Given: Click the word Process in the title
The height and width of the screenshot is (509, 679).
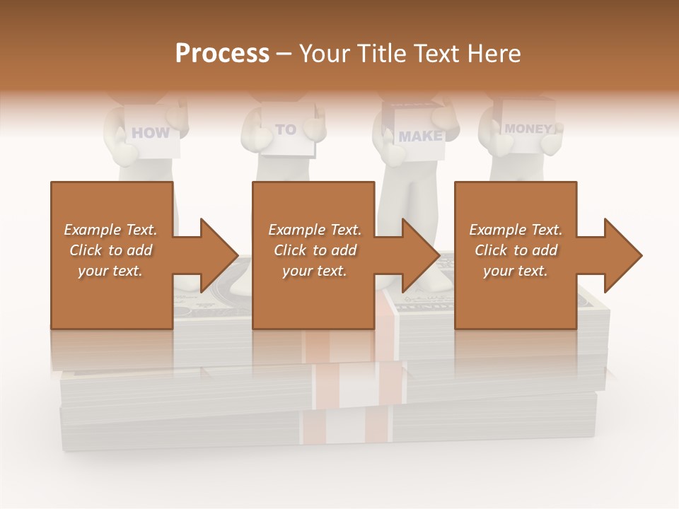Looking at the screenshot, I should click(x=222, y=54).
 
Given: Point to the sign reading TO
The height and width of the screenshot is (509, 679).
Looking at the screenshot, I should click(x=286, y=130).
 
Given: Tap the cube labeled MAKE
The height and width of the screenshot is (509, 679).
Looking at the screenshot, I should click(x=419, y=136).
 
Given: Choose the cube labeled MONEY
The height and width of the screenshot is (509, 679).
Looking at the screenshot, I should click(x=528, y=129).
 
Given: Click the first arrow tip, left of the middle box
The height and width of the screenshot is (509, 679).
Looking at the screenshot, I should click(x=220, y=255).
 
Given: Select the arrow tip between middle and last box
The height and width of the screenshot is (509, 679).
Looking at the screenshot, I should click(x=422, y=255).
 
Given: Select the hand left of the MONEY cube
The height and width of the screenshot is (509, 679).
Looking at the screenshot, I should click(x=502, y=144).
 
